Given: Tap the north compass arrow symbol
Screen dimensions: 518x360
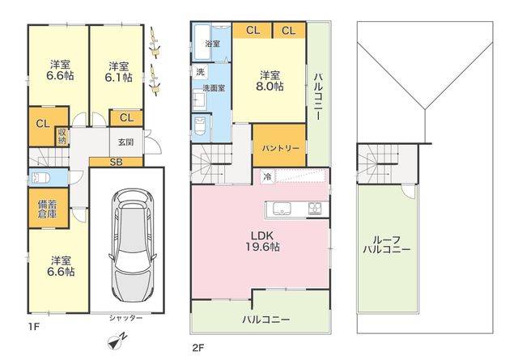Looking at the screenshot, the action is [117, 341].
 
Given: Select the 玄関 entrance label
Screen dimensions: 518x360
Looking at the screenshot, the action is [126, 142].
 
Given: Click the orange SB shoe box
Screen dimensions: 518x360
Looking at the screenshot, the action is [116, 162].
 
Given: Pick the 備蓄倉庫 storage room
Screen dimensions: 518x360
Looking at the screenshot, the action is [49, 208].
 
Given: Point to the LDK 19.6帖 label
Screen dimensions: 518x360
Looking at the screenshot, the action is [262, 241].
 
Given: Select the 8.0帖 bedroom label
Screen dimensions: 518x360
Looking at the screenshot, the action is [270, 81].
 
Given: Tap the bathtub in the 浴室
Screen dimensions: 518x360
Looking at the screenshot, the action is [202, 42].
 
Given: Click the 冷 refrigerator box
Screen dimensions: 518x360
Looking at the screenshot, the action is [267, 176].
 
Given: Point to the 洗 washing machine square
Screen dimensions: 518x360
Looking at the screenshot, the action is [200, 72].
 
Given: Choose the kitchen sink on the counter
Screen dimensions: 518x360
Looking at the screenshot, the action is [282, 209].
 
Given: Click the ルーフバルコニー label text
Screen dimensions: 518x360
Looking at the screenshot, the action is [387, 245].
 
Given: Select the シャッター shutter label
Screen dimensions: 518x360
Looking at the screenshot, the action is [126, 318].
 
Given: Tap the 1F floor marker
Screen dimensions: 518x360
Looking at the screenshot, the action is [34, 327].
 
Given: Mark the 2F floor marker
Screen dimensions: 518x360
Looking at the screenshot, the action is [198, 348].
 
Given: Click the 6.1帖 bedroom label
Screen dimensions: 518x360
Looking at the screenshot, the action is [119, 72].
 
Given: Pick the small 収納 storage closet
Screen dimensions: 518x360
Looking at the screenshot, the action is [62, 136].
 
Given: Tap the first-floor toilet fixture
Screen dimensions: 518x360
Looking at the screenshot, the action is [40, 178].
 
